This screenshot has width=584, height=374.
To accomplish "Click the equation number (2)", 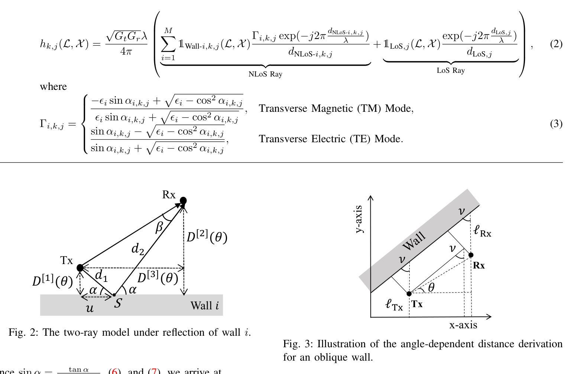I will (556, 44).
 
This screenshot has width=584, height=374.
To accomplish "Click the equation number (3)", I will (556, 124).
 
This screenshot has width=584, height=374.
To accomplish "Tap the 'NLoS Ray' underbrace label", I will (265, 74).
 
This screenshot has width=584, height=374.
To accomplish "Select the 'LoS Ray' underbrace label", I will (450, 70).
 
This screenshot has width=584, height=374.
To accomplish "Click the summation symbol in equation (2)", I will (168, 44).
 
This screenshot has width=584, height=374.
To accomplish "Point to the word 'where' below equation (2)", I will (53, 87).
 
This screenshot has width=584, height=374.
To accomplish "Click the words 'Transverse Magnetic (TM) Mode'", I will (336, 108).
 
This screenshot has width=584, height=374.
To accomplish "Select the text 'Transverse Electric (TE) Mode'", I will (331, 139).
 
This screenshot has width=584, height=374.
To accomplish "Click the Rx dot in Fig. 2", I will (183, 201).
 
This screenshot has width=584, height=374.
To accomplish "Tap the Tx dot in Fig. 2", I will (80, 267).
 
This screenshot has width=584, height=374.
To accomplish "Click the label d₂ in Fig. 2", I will (137, 249).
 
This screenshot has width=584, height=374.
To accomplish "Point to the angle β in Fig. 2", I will (159, 226).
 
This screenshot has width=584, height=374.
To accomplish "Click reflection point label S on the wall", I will (117, 303).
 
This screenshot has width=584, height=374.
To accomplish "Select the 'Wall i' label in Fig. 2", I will (204, 306).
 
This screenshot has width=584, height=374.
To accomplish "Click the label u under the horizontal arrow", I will (90, 308).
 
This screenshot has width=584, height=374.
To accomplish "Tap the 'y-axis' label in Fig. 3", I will (359, 219).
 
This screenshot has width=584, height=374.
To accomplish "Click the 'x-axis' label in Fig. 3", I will (463, 325).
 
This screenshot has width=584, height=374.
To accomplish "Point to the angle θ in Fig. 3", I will (431, 287).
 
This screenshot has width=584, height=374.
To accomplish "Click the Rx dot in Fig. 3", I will (471, 255).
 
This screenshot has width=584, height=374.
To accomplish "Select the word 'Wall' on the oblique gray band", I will (414, 241).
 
